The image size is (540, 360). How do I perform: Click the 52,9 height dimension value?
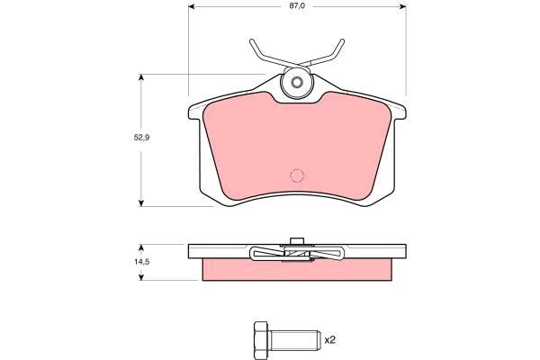click(141, 138)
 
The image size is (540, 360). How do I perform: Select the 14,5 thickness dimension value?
click(141, 262)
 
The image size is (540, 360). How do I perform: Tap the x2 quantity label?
click(330, 340)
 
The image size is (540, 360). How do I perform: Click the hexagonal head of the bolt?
click(261, 340)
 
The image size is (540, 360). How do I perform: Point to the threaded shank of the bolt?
click(294, 340)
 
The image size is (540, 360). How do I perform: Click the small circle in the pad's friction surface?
click(297, 175)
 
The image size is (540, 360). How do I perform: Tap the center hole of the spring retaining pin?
click(296, 82)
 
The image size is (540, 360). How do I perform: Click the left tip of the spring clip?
click(252, 41)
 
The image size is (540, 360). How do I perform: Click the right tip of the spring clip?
click(342, 41)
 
